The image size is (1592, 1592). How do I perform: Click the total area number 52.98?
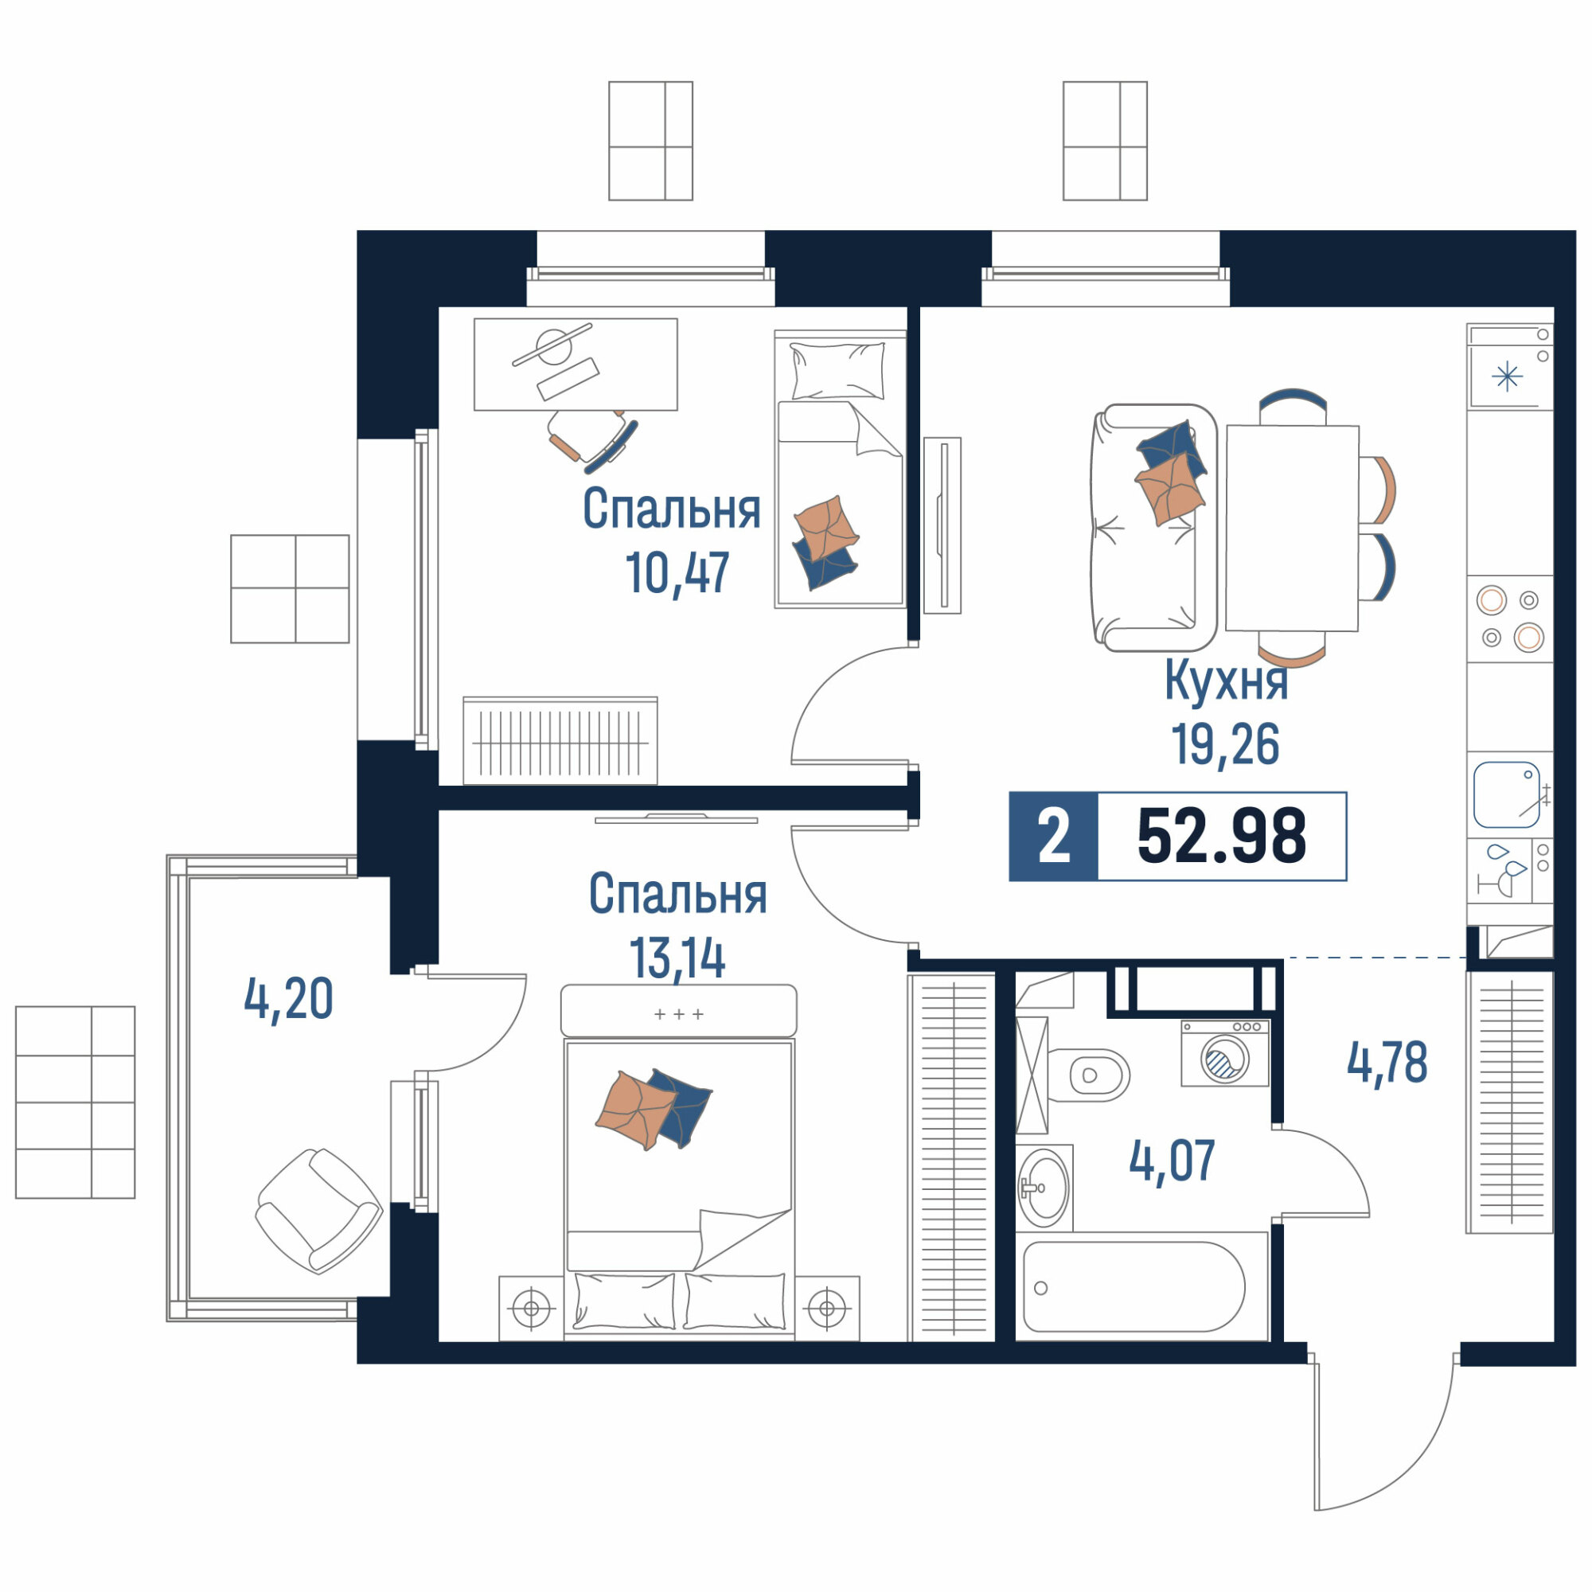click(1221, 837)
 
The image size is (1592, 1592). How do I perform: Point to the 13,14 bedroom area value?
click(677, 958)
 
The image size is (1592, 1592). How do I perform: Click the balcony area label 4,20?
click(288, 999)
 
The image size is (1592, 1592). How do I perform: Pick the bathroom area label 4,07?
click(1172, 1161)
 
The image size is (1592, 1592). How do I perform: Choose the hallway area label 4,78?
click(1387, 1062)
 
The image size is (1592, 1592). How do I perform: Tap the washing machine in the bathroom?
click(1224, 1053)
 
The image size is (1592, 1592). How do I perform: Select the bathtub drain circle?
click(1040, 1289)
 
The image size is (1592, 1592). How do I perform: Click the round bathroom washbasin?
click(1044, 1188)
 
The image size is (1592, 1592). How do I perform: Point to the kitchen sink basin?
click(1506, 795)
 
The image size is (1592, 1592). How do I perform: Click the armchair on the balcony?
click(319, 1212)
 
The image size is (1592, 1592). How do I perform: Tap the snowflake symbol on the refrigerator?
click(1507, 377)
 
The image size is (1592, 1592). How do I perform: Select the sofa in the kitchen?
click(1153, 528)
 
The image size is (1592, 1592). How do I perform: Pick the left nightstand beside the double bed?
click(532, 1308)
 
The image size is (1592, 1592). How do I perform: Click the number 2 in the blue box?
click(1053, 837)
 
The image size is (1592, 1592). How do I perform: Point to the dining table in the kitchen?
click(1292, 529)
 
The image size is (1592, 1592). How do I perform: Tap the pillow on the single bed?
click(837, 371)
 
